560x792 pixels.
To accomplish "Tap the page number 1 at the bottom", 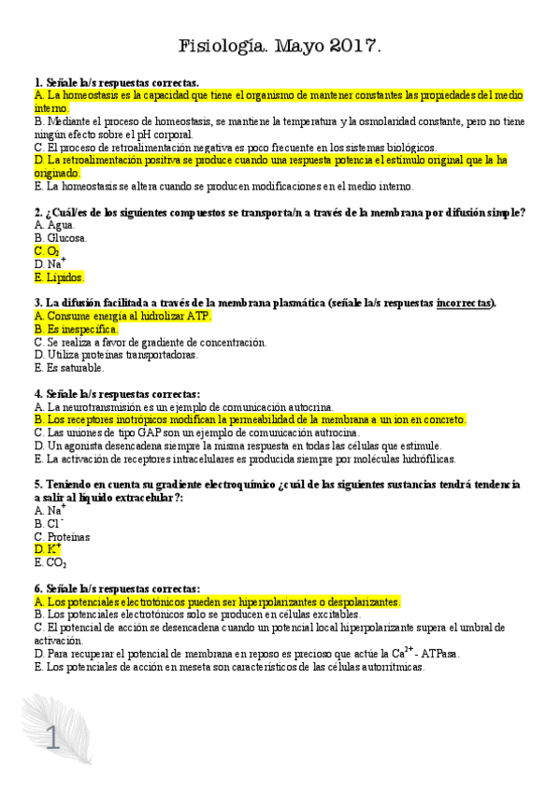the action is pyautogui.click(x=52, y=740).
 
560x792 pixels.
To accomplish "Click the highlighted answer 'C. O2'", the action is pyautogui.click(x=47, y=251).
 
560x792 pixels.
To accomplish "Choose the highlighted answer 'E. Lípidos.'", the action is pyautogui.click(x=59, y=277).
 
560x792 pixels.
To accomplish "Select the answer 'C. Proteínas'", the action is pyautogui.click(x=62, y=537).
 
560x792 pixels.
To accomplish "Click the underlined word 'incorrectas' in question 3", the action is pyautogui.click(x=465, y=303).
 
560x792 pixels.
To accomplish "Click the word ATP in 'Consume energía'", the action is pyautogui.click(x=198, y=317).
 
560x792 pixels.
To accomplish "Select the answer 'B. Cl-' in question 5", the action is pyautogui.click(x=47, y=524).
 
